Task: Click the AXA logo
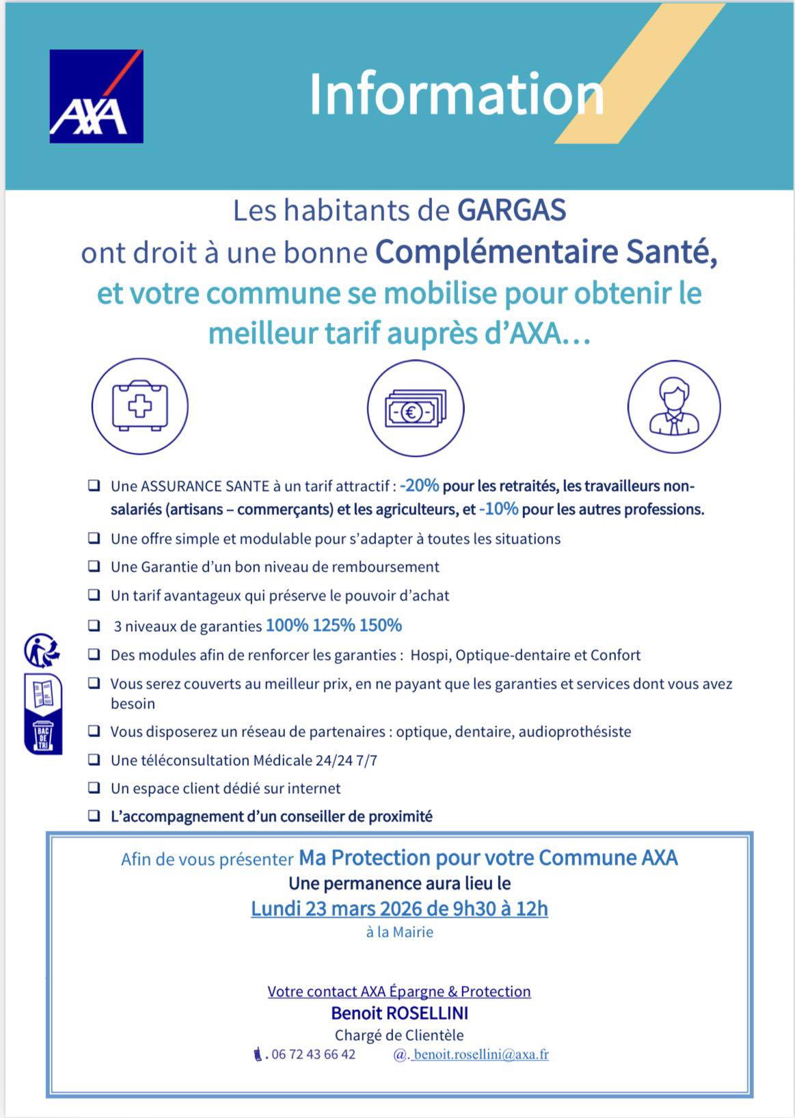[x=96, y=96]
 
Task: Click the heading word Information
[x=456, y=94]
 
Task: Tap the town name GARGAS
[x=511, y=210]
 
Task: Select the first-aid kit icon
[x=140, y=407]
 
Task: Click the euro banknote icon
[x=415, y=409]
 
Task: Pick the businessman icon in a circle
[x=674, y=407]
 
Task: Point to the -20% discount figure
[x=420, y=485]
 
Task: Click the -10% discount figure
[x=499, y=509]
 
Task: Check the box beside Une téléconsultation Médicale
[x=94, y=759]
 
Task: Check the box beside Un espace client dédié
[x=94, y=787]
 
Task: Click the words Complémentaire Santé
[x=545, y=252]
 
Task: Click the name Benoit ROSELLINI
[x=400, y=1013]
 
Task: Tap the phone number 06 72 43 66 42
[x=313, y=1054]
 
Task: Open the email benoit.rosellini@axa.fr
[x=481, y=1054]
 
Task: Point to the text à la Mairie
[x=400, y=932]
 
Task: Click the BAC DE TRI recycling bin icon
[x=43, y=736]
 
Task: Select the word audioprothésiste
[x=575, y=732]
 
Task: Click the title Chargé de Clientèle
[x=399, y=1035]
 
